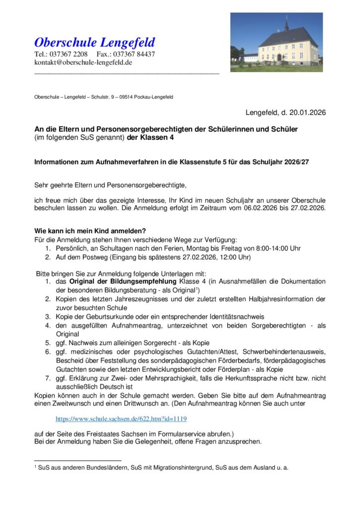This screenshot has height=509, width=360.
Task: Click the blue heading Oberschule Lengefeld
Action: coord(94,42)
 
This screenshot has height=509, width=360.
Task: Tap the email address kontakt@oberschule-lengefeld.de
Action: coord(83,63)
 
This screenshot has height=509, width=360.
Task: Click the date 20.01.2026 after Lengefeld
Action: coord(307,113)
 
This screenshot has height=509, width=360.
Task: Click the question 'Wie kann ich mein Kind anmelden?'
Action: coord(90,231)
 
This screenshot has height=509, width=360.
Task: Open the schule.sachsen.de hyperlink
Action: coord(121,419)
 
